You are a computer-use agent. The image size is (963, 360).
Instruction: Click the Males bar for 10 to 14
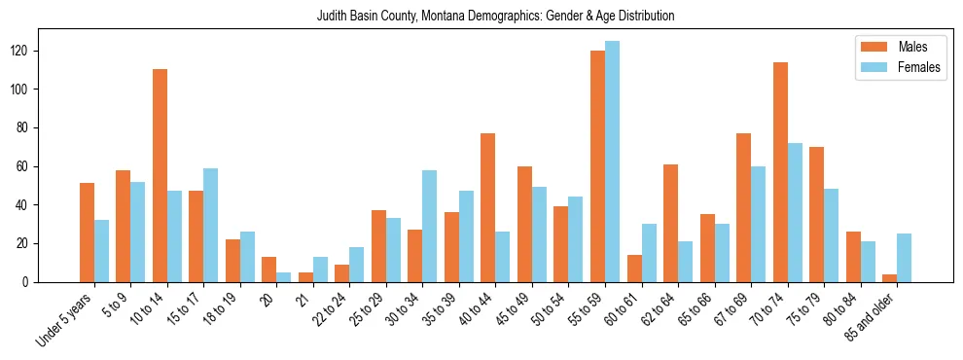(x=160, y=175)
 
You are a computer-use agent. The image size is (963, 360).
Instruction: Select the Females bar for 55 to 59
(x=612, y=162)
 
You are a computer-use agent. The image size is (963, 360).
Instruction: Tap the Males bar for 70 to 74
(x=780, y=172)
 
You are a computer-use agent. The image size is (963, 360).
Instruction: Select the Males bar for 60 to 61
(x=634, y=269)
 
